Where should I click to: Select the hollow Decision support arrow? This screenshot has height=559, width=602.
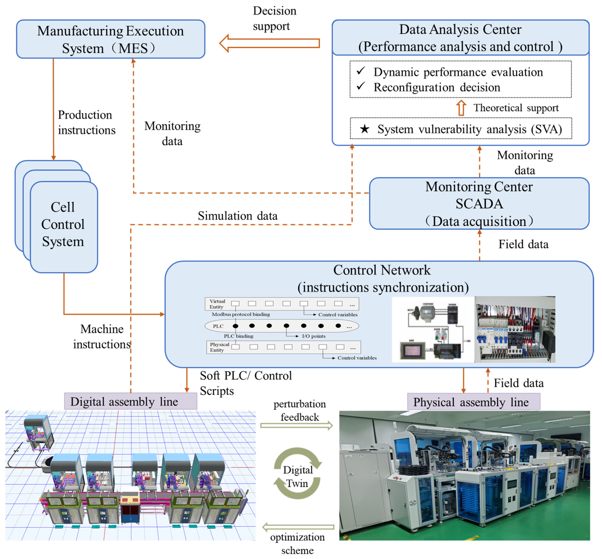[269, 43]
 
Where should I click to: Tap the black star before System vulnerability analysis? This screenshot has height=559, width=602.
[364, 129]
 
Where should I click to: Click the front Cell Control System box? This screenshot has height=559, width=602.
[64, 227]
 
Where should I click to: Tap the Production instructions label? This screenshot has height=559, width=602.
[87, 122]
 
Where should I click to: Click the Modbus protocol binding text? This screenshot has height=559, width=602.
[241, 314]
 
